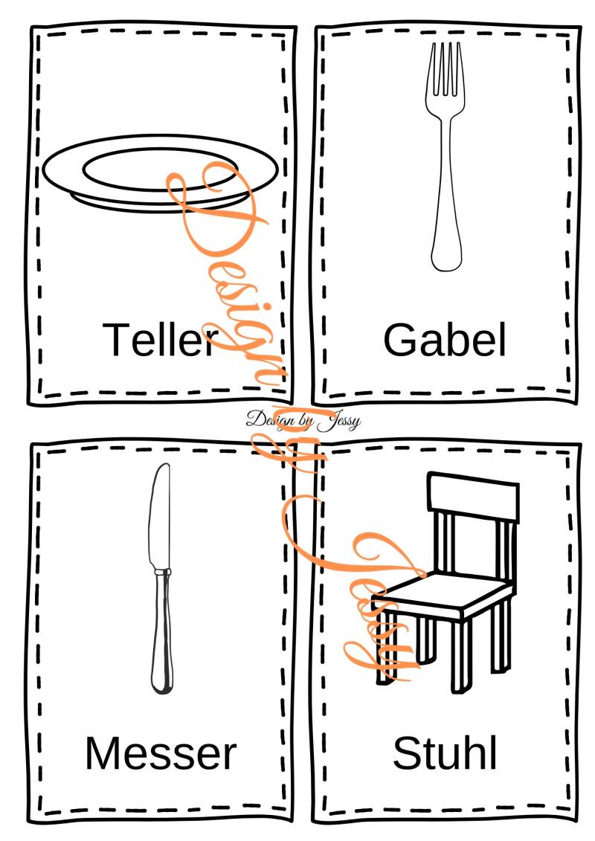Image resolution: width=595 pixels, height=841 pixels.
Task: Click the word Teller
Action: coord(161,340)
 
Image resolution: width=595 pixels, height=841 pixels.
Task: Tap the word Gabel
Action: coord(445,340)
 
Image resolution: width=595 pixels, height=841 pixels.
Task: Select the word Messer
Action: coord(161,753)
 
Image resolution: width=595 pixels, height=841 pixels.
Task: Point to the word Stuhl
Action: coord(445,753)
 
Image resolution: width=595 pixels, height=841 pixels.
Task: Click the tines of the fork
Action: coord(445,70)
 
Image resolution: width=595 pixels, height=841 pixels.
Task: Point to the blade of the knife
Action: coord(160,515)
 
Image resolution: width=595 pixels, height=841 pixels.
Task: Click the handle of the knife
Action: coord(162,632)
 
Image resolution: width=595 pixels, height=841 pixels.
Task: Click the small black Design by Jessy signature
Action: coord(303,420)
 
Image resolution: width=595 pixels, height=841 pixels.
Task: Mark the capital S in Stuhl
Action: coord(408,753)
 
